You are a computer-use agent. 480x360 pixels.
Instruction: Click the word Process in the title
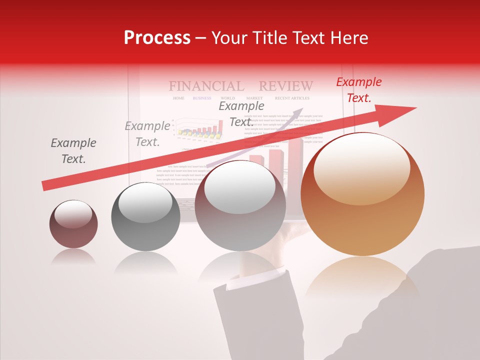click(x=157, y=38)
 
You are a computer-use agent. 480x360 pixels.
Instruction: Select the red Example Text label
click(x=358, y=90)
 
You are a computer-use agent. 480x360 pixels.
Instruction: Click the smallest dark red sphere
click(x=73, y=224)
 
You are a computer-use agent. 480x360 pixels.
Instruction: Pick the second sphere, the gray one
click(x=145, y=216)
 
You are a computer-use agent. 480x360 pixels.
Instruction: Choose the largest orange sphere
click(x=362, y=194)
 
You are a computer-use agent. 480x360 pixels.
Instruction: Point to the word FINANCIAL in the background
click(x=206, y=86)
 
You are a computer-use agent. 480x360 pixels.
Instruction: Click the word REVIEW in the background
click(x=286, y=86)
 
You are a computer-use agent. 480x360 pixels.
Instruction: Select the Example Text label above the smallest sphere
click(x=73, y=151)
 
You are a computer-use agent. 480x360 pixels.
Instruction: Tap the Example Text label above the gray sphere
click(x=147, y=134)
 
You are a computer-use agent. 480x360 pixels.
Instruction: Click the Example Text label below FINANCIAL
click(x=241, y=113)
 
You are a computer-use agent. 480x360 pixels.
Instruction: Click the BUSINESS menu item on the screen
click(x=202, y=98)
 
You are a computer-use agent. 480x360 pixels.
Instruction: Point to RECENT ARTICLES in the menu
click(x=292, y=98)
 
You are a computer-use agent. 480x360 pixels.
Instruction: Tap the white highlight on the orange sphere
click(x=361, y=167)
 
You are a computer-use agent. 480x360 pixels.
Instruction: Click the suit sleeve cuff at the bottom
click(x=252, y=281)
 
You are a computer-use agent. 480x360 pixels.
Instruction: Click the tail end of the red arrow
click(x=45, y=186)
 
